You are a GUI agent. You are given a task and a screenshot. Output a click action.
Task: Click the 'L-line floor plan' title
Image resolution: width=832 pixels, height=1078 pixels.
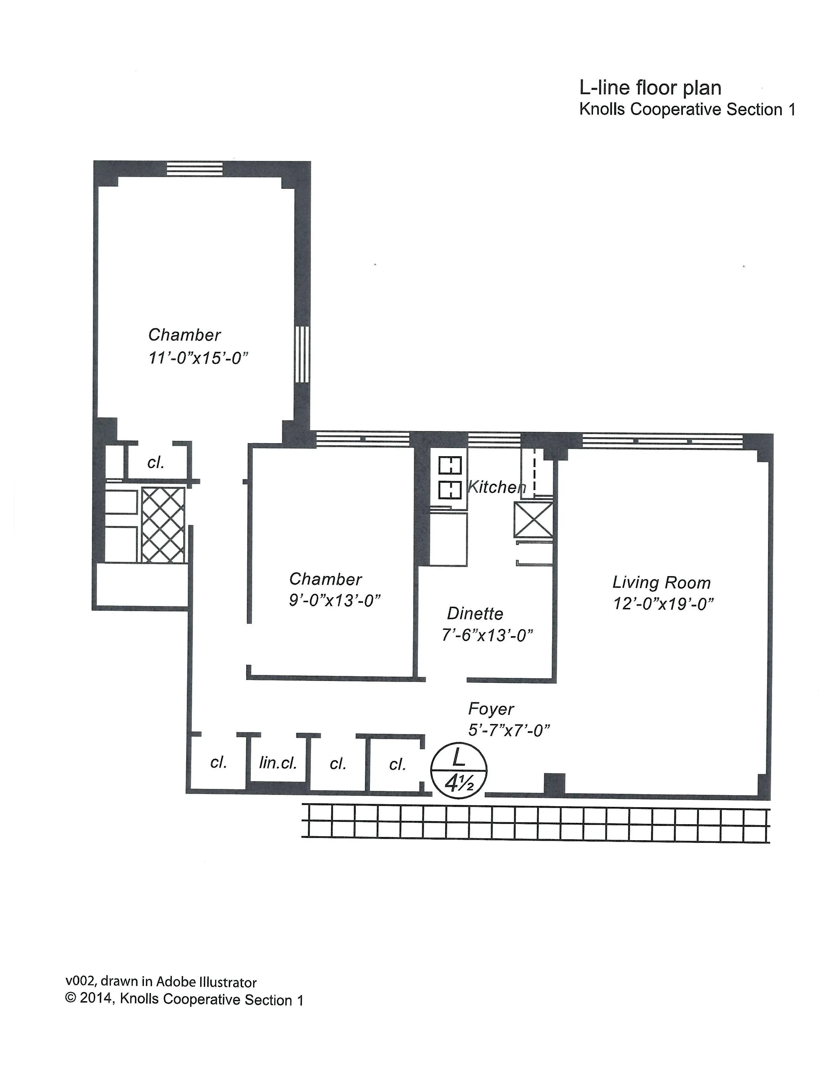click(650, 88)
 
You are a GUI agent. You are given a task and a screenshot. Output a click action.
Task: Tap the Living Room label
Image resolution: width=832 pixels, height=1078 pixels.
click(661, 582)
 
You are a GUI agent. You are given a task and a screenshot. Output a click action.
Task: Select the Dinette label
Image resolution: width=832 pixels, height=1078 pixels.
click(475, 614)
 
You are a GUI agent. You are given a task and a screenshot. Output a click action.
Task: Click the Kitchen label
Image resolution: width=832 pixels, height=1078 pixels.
click(495, 487)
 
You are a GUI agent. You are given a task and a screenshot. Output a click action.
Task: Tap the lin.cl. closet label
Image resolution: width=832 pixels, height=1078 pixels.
click(278, 763)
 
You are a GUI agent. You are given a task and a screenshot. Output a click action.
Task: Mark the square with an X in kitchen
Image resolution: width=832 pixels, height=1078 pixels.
click(533, 520)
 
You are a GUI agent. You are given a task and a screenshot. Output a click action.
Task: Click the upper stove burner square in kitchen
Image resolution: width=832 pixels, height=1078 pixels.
click(450, 465)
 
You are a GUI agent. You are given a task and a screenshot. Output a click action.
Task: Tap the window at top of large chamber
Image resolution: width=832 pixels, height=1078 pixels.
click(195, 169)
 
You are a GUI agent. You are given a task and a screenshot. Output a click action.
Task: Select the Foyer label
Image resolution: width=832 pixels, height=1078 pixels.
click(491, 709)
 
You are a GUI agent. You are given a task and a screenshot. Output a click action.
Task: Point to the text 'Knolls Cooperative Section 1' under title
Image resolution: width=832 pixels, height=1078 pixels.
click(687, 110)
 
